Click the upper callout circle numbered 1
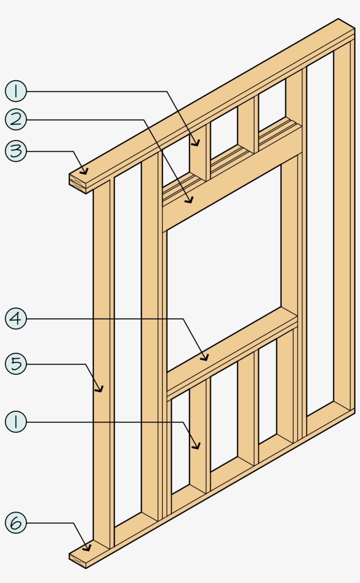pos(16,91)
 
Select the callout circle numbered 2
pos(16,119)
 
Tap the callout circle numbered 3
pos(16,151)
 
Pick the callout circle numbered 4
pos(16,319)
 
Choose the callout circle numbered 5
pos(16,364)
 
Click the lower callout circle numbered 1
pos(16,422)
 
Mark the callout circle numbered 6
pos(16,523)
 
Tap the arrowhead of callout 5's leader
pos(101,390)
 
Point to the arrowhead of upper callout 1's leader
pos(198,144)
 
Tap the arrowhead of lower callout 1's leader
pos(198,447)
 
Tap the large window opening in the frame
pos(224,268)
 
